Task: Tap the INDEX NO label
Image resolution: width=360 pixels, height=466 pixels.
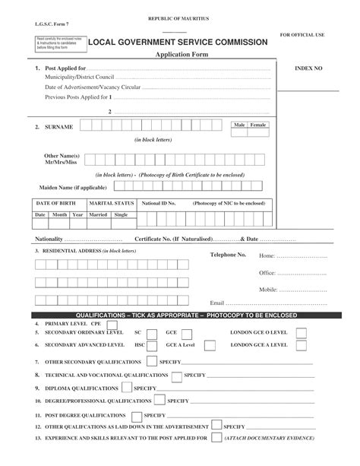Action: click(x=308, y=68)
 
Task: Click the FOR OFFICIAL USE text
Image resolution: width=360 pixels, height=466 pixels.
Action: click(x=302, y=35)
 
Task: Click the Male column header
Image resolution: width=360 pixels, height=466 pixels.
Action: click(x=240, y=123)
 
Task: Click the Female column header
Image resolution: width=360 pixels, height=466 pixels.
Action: click(x=259, y=123)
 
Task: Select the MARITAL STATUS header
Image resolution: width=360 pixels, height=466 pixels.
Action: click(x=112, y=203)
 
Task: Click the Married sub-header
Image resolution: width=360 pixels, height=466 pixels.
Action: click(x=98, y=214)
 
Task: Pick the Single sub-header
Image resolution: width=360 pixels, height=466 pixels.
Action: click(x=121, y=214)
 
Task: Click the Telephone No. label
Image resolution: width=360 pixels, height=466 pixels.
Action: click(x=228, y=255)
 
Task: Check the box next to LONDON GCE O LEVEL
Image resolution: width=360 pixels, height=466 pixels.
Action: click(x=302, y=332)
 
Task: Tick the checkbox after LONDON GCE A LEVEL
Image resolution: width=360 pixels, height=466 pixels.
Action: click(x=302, y=344)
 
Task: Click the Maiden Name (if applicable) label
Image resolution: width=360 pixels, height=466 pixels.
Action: click(x=73, y=186)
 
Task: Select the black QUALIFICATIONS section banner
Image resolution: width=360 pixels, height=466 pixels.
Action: click(x=180, y=315)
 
